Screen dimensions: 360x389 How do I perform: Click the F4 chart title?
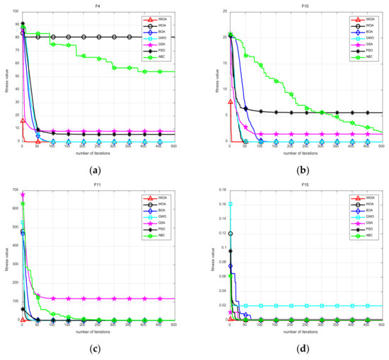click(98, 6)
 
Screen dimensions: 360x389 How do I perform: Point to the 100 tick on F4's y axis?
click(14, 11)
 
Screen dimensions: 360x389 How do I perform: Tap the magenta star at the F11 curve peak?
click(23, 194)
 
